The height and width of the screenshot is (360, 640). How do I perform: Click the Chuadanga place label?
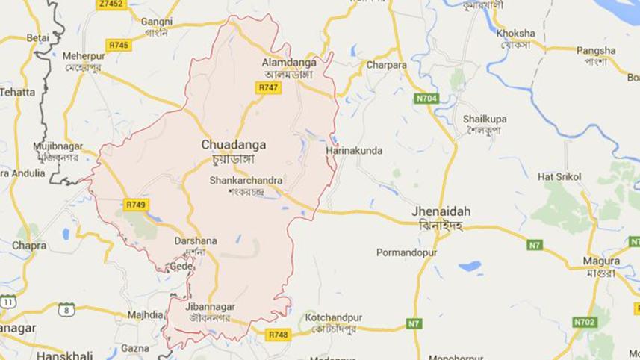point(234,145)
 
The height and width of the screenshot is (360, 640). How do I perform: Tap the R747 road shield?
point(269,87)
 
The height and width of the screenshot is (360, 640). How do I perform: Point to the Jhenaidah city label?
point(441,211)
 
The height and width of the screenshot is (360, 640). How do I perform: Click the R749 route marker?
point(136,204)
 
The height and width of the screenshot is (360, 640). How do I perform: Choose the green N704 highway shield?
point(426,98)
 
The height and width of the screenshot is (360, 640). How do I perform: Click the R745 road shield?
point(119,46)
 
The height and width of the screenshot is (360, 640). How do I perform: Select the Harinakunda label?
point(354,151)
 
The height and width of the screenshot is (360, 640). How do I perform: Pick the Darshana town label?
point(195,241)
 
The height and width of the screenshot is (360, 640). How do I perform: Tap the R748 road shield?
point(277,335)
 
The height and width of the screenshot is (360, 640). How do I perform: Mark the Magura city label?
point(602,261)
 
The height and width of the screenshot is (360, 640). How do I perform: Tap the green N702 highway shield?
point(585,322)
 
